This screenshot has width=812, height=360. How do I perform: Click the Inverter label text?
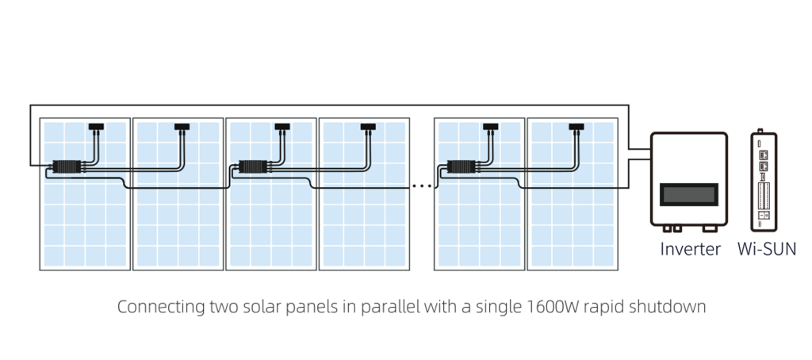tap(690, 249)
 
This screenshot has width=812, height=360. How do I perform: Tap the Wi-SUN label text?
tap(767, 249)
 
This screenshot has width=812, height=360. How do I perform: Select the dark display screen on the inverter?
tap(689, 194)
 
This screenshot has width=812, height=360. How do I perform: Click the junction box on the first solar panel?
tap(96, 126)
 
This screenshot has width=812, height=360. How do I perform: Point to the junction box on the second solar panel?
tap(182, 126)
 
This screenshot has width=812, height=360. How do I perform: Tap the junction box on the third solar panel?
tap(282, 126)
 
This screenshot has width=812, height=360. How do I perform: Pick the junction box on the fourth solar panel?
tap(368, 126)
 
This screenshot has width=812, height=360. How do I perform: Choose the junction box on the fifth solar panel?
tap(490, 126)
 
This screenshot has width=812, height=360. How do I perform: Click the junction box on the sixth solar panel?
tap(576, 126)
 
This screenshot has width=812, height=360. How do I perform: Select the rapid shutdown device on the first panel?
tap(66, 167)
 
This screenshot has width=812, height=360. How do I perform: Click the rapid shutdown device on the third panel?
tap(252, 167)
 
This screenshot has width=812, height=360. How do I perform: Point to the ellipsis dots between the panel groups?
tap(422, 186)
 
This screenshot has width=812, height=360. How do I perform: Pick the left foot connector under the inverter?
tap(672, 228)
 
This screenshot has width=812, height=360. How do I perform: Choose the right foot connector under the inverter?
tap(709, 228)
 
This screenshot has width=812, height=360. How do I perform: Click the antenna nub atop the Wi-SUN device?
tap(760, 131)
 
